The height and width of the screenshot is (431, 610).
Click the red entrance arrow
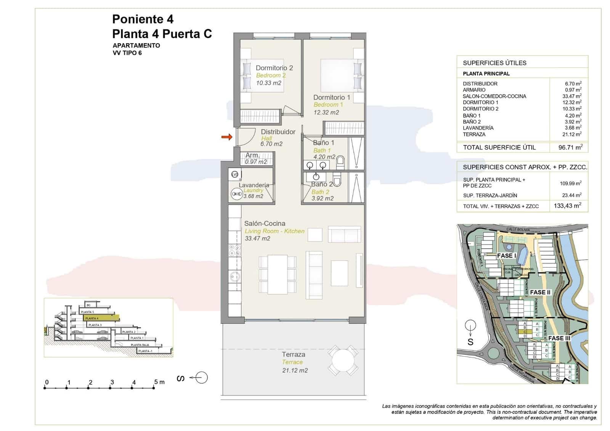pos(227,137)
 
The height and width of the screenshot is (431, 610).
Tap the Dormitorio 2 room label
pos(274,68)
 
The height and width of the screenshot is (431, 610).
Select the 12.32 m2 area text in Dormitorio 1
pos(326,113)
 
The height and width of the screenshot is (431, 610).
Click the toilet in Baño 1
pos(340,162)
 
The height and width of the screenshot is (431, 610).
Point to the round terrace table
pos(343,360)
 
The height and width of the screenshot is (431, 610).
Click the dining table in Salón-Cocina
pos(277,274)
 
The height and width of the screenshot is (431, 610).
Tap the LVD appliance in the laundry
pos(234,175)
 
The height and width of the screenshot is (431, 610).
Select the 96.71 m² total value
pos(570,147)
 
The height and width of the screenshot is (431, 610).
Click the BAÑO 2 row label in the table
pos(472,122)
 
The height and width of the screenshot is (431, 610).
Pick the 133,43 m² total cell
pos(567,206)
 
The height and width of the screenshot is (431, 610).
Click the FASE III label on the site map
pos(559,338)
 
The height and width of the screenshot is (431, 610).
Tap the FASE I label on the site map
pos(506,256)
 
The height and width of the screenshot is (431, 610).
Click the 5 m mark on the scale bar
pos(154,388)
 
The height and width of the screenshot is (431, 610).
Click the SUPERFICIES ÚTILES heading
pos(494,63)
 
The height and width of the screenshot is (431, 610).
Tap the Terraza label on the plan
pos(293,354)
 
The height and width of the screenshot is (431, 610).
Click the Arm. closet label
pos(252,155)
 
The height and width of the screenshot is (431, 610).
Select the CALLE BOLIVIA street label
pos(518,230)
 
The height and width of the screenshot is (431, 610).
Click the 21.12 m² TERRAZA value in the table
pos(573,134)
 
